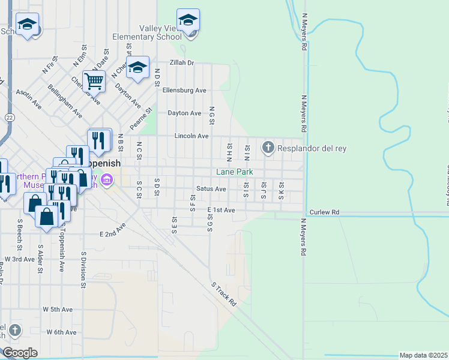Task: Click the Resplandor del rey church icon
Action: [268, 146]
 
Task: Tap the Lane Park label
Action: [235, 172]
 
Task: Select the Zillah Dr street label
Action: [182, 62]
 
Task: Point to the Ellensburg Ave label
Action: [184, 91]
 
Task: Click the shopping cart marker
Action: [94, 81]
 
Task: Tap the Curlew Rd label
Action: [324, 212]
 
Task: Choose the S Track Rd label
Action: [223, 294]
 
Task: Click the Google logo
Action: [19, 353]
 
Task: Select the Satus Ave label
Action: [211, 189]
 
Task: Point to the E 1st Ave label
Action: [221, 210]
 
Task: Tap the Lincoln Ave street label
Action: [191, 136]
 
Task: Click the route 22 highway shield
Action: [9, 118]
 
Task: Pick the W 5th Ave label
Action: [58, 310]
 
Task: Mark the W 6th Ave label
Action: [62, 332]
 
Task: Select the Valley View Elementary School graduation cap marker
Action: [188, 21]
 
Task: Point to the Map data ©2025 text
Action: [423, 355]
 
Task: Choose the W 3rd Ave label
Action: [20, 259]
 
